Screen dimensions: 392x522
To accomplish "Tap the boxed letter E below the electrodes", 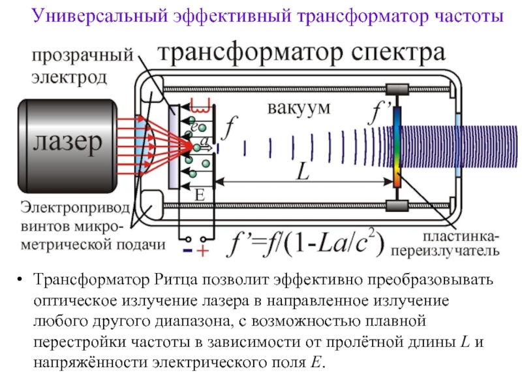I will [x=200, y=195].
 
